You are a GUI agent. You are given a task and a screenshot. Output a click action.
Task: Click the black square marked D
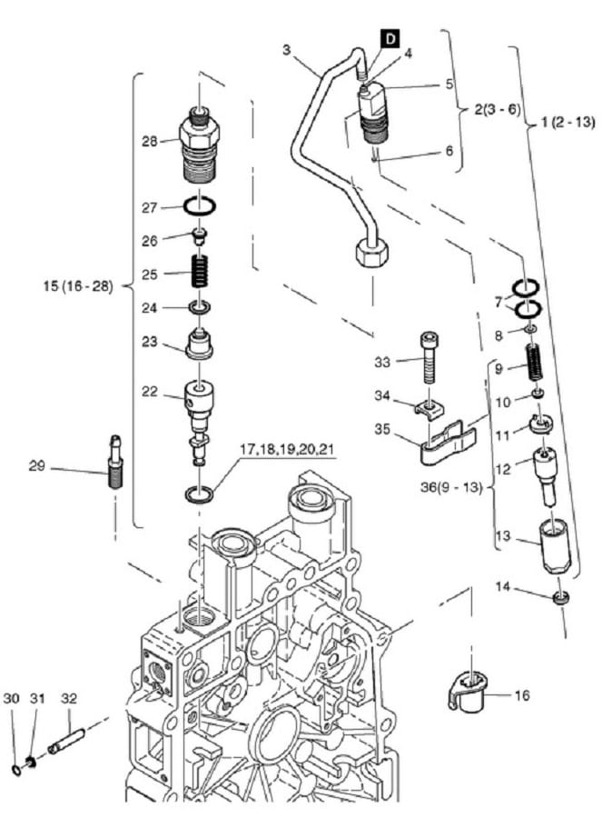click(x=390, y=39)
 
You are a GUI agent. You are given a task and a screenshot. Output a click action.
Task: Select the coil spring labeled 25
click(x=201, y=270)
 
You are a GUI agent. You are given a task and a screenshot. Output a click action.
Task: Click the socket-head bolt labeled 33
click(x=428, y=358)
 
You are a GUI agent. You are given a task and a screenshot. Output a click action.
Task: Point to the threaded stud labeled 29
click(x=115, y=462)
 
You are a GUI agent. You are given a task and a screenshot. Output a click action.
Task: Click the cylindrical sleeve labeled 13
click(x=555, y=548)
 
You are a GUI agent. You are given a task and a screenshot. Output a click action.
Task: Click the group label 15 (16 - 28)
click(x=78, y=286)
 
